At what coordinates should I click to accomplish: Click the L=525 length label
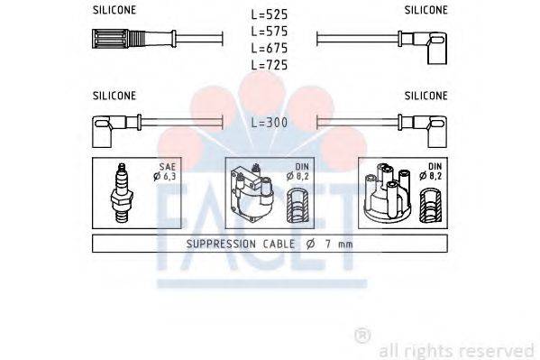(x=270, y=14)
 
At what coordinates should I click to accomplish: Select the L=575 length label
(x=270, y=32)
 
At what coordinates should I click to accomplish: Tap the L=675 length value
(x=270, y=48)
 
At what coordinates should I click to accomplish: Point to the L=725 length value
(x=270, y=65)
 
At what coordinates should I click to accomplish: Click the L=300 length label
(x=270, y=123)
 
